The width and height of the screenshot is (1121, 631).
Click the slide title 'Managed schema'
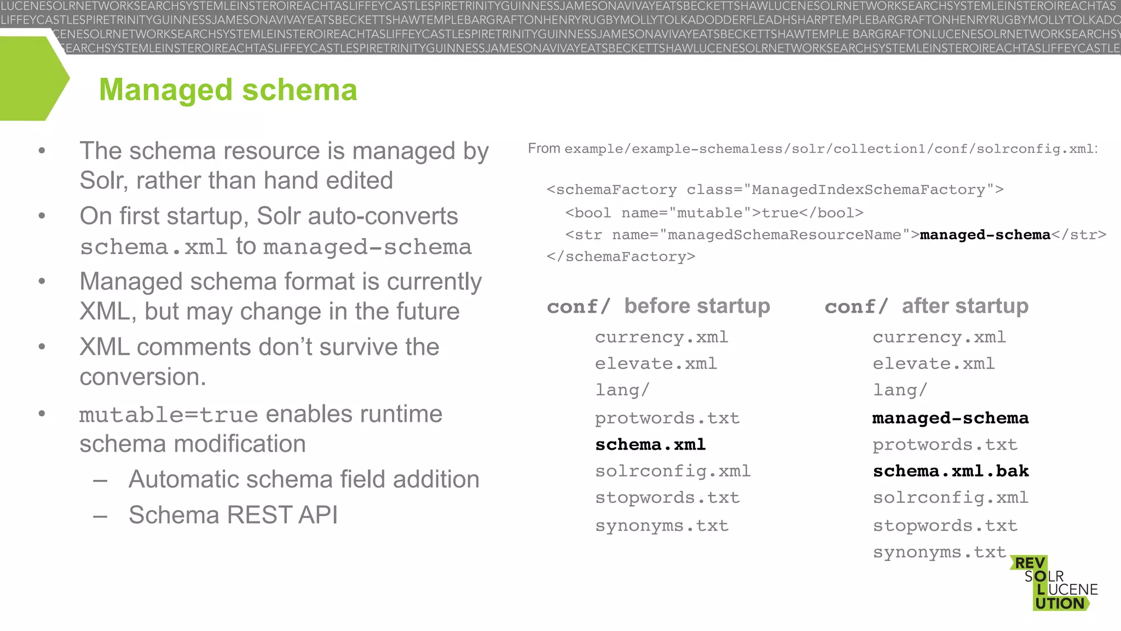click(228, 90)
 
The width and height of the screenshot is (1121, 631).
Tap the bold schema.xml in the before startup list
click(650, 444)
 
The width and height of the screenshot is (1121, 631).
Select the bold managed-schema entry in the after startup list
click(950, 418)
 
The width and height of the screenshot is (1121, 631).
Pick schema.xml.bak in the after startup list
click(950, 471)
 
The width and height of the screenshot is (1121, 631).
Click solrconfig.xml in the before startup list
click(673, 471)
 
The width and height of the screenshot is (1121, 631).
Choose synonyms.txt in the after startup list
click(939, 552)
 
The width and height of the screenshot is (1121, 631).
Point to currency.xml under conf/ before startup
click(661, 337)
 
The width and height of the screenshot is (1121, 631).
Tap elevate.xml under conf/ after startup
click(933, 363)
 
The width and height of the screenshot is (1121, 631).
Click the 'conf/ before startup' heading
click(658, 306)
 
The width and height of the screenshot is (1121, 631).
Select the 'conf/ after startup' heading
click(926, 306)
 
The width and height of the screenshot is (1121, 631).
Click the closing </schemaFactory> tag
click(621, 256)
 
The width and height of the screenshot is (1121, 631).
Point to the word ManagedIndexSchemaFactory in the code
click(868, 190)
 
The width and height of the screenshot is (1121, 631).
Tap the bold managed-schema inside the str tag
click(985, 234)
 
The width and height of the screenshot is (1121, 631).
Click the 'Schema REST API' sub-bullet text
click(233, 515)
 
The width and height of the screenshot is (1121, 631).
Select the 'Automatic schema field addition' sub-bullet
click(304, 479)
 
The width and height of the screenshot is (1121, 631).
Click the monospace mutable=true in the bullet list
click(169, 415)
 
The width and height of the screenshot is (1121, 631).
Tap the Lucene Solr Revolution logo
click(1054, 583)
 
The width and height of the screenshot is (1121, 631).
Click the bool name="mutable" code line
click(714, 213)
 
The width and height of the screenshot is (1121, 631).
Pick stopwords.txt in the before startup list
click(667, 497)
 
